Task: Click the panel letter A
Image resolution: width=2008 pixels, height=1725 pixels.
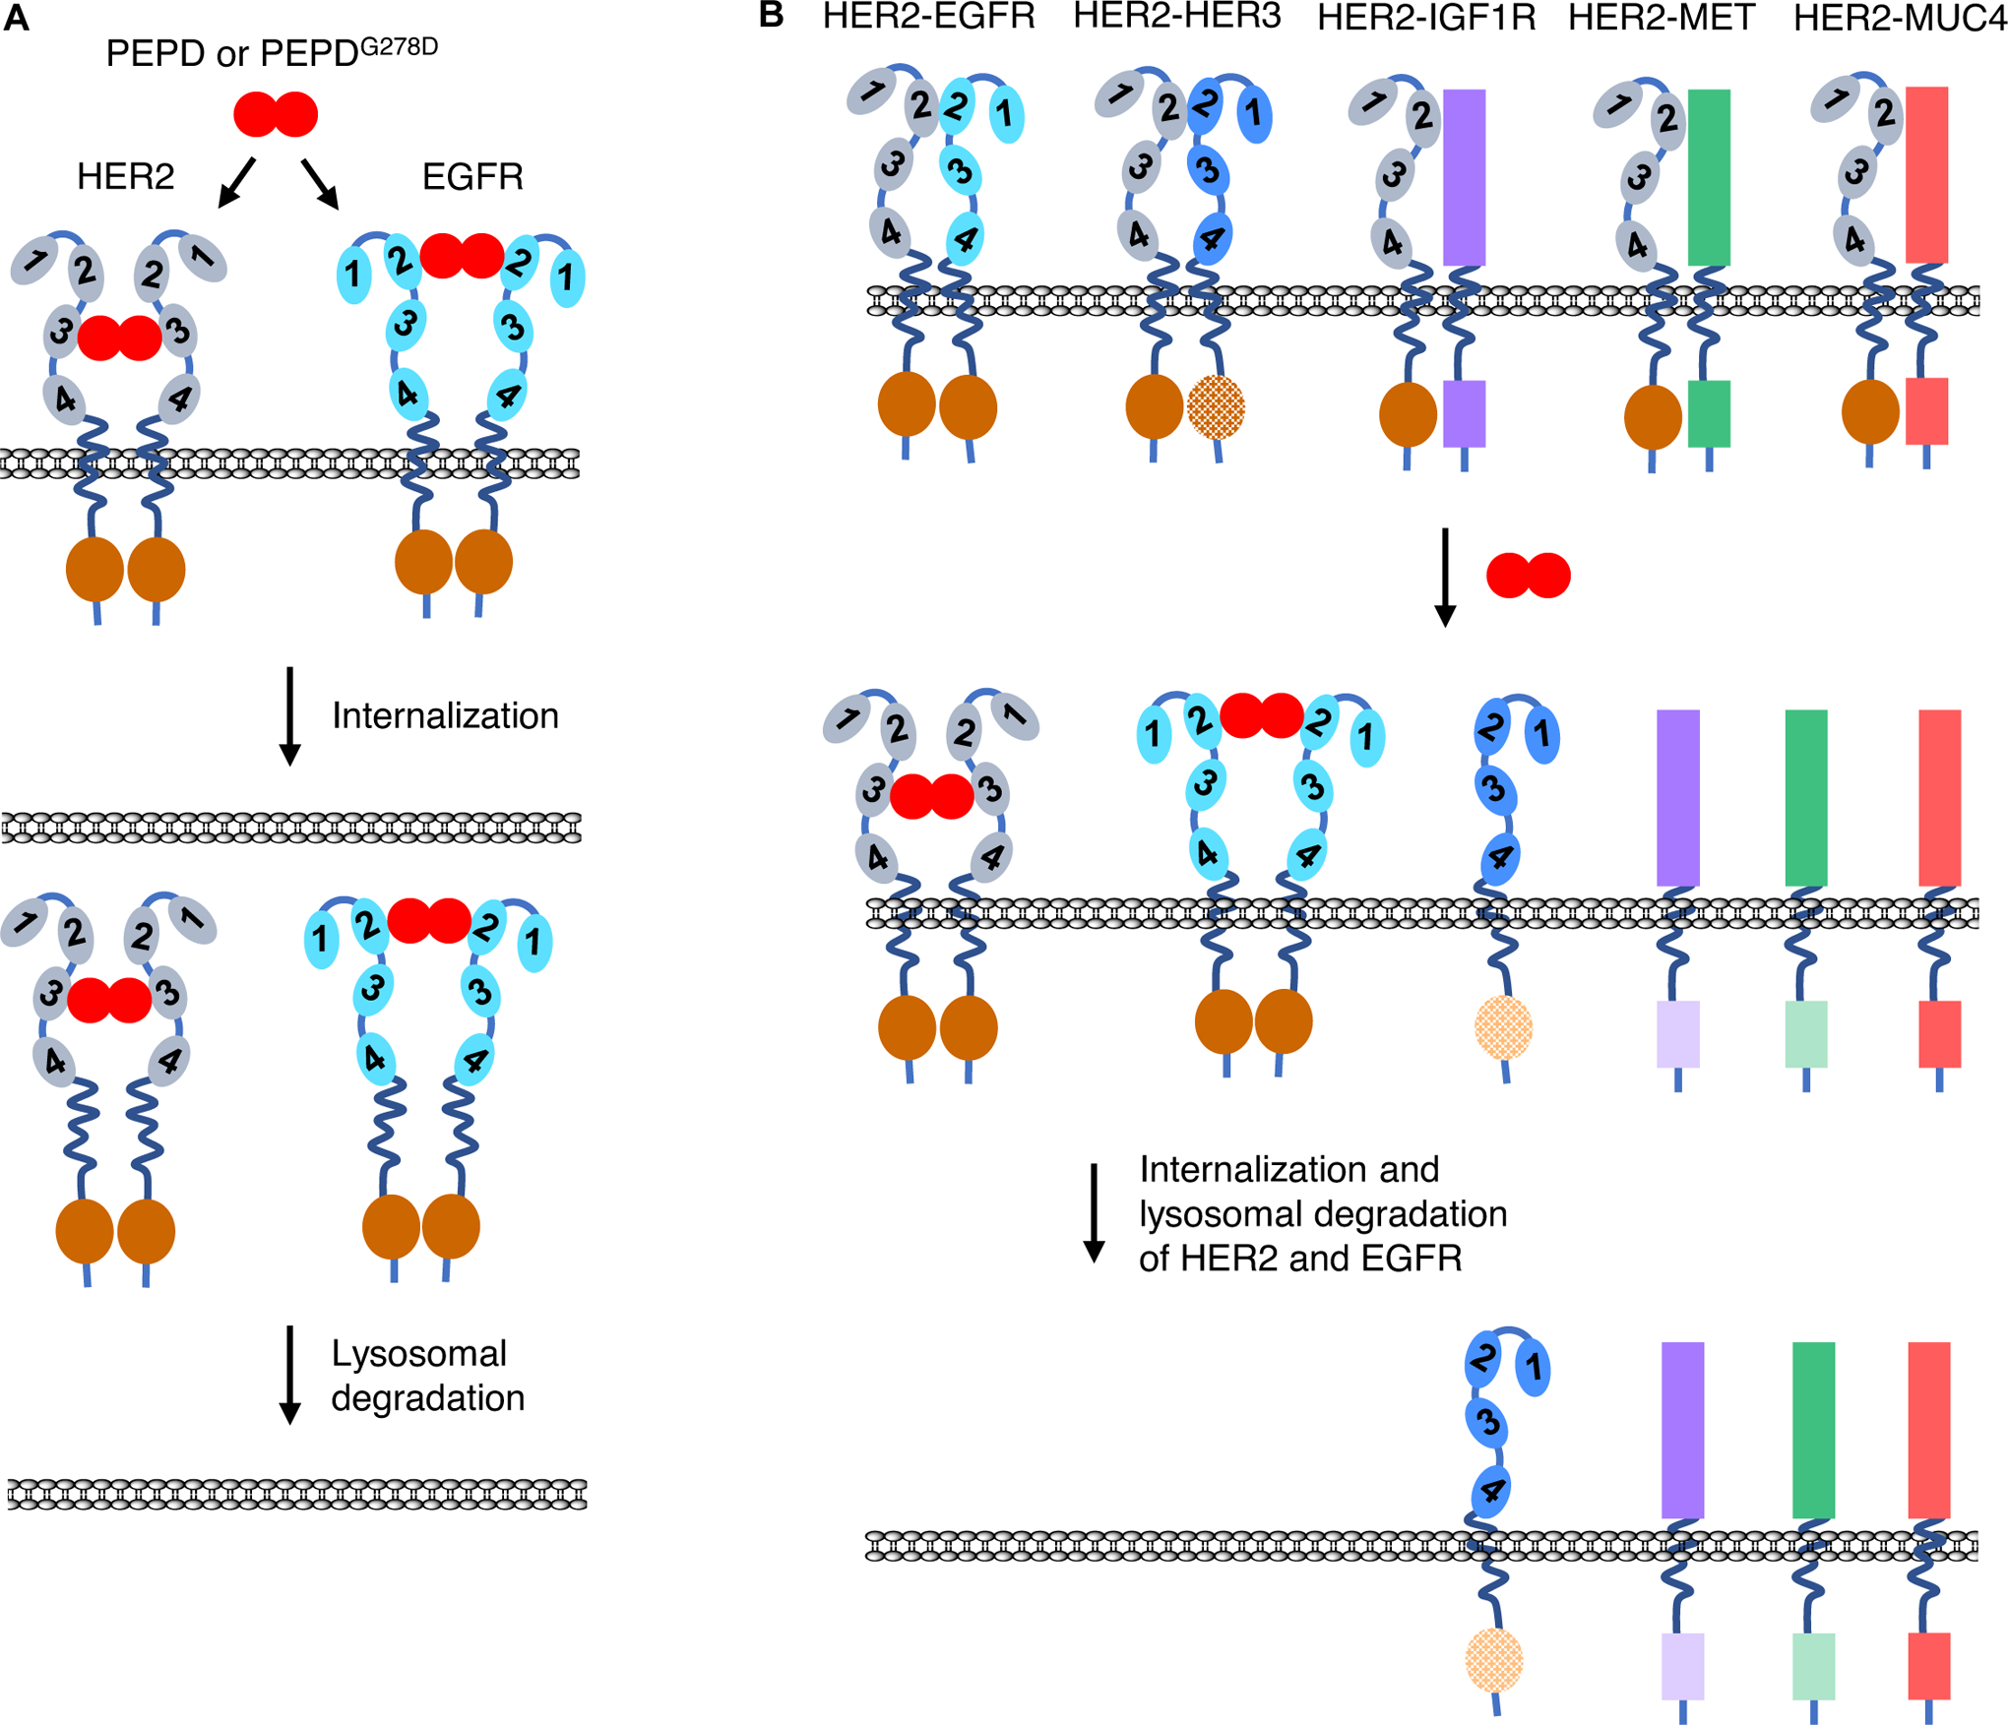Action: coord(16,19)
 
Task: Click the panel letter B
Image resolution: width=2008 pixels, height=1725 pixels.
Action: coord(771,15)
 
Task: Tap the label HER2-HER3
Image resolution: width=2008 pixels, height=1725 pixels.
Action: coord(1176,17)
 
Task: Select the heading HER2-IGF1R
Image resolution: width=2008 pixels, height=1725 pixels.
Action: coord(1426,18)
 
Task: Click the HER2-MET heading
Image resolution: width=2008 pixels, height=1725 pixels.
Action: coord(1662,17)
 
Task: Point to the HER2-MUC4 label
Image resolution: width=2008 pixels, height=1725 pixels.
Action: coord(1899,18)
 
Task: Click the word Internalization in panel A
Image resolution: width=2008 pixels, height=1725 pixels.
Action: coord(445,715)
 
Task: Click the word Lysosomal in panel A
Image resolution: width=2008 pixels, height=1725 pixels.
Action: coord(418,1353)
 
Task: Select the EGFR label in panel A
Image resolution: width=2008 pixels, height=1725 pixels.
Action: coord(472,177)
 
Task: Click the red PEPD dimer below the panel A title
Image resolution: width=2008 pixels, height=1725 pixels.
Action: coord(276,114)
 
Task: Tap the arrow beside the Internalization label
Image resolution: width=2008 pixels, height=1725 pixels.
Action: coord(289,716)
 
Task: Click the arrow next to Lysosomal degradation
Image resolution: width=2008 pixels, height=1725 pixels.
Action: coord(289,1375)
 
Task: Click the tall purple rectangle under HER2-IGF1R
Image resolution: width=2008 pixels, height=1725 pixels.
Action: coord(1464,177)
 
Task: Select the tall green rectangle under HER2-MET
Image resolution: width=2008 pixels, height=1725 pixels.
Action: coord(1709,177)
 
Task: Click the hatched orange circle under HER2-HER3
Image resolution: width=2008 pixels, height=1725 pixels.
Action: coord(1216,406)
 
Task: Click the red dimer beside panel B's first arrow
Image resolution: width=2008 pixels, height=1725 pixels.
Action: coord(1528,576)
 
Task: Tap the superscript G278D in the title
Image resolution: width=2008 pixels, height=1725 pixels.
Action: coord(399,46)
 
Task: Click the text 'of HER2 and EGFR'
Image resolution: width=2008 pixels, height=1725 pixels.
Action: coord(1299,1259)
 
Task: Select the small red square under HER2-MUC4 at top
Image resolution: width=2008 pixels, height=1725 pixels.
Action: coord(1926,410)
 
